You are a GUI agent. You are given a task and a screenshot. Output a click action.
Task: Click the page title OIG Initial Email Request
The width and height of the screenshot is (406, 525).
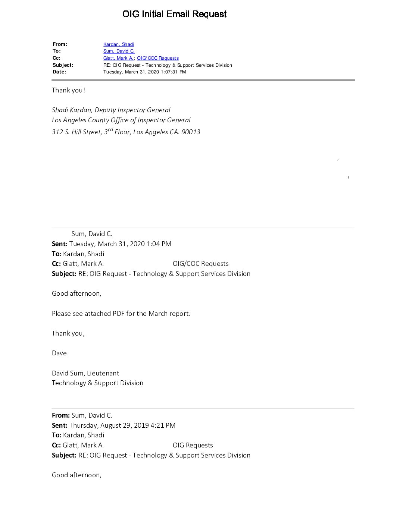(174, 14)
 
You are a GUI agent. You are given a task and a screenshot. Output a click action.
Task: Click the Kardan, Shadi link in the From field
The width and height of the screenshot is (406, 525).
(118, 44)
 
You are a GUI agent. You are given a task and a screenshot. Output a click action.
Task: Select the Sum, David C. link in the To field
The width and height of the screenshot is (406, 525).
(119, 51)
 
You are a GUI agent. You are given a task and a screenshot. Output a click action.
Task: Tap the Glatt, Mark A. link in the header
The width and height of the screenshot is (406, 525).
(118, 58)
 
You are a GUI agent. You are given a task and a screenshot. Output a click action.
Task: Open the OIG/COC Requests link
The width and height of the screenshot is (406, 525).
(157, 58)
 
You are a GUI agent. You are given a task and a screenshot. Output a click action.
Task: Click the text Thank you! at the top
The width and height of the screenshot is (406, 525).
(68, 90)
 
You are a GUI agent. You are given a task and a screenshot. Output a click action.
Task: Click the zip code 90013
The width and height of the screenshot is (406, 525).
(191, 132)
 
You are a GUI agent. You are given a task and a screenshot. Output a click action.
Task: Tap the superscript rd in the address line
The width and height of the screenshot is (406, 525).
(110, 129)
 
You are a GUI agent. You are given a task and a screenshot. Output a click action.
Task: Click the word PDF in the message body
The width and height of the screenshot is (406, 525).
(119, 314)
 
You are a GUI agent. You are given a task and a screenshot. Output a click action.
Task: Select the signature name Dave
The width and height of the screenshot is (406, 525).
(59, 353)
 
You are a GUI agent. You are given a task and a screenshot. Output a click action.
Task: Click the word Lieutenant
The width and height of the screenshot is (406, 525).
(103, 373)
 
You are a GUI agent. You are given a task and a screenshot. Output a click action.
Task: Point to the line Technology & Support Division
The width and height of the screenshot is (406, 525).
(97, 383)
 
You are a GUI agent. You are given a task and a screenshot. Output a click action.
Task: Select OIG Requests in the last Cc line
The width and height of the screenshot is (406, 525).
(193, 445)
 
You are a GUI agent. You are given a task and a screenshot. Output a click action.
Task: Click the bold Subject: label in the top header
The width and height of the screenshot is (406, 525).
(63, 65)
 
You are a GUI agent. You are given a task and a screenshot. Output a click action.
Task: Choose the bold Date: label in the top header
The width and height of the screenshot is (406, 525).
(59, 72)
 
